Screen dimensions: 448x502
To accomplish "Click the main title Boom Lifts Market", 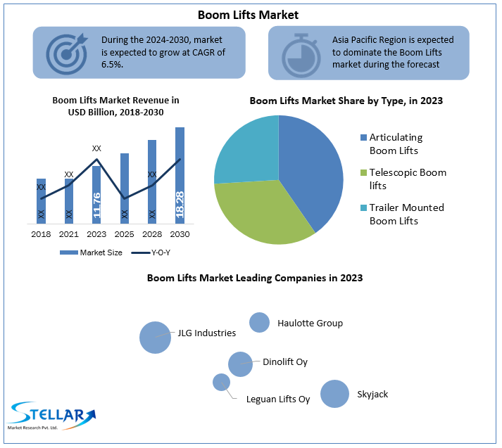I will pyautogui.click(x=248, y=14).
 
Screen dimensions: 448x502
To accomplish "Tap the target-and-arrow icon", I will pyautogui.click(x=67, y=52).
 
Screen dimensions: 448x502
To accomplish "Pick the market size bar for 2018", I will pyautogui.click(x=41, y=200).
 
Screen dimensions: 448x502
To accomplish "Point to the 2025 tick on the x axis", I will pyautogui.click(x=125, y=234).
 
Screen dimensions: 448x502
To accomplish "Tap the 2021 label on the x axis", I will pyautogui.click(x=68, y=234).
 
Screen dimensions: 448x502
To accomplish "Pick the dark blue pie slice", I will pyautogui.click(x=310, y=169).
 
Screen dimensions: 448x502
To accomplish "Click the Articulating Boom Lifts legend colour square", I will pyautogui.click(x=363, y=138).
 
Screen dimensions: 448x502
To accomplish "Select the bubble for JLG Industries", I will pyautogui.click(x=155, y=337).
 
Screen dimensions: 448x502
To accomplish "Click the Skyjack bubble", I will pyautogui.click(x=334, y=394).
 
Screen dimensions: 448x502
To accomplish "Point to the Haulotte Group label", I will pyautogui.click(x=310, y=323).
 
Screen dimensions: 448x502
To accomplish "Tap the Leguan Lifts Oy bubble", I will pyautogui.click(x=221, y=382).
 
